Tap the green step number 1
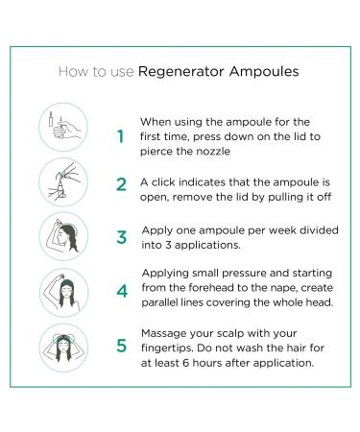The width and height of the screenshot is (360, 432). pyautogui.click(x=120, y=136)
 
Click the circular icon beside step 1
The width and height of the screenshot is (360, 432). pyautogui.click(x=64, y=128)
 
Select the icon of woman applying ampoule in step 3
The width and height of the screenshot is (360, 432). pyautogui.click(x=64, y=237)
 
